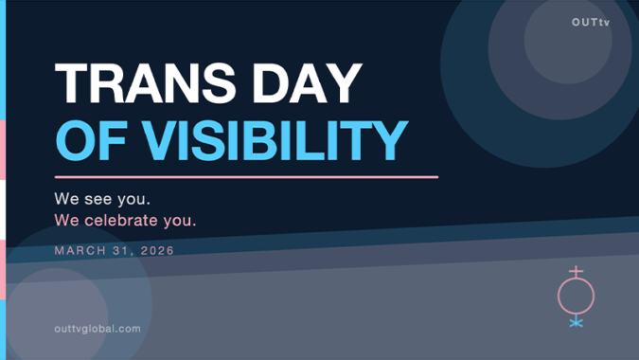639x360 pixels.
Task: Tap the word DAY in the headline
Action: click(308, 83)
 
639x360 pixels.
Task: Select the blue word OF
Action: click(91, 140)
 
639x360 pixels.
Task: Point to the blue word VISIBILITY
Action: click(275, 140)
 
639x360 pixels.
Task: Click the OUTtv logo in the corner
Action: click(591, 23)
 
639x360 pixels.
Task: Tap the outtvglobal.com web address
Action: click(98, 329)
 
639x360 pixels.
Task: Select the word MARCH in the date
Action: click(80, 250)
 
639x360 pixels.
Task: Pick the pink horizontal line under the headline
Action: click(246, 177)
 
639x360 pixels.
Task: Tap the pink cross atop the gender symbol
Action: click(577, 272)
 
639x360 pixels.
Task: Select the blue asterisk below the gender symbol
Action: click(577, 323)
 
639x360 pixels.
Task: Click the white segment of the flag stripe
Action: click(3, 210)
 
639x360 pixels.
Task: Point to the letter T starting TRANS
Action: click(71, 83)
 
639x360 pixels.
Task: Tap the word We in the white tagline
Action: click(67, 199)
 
